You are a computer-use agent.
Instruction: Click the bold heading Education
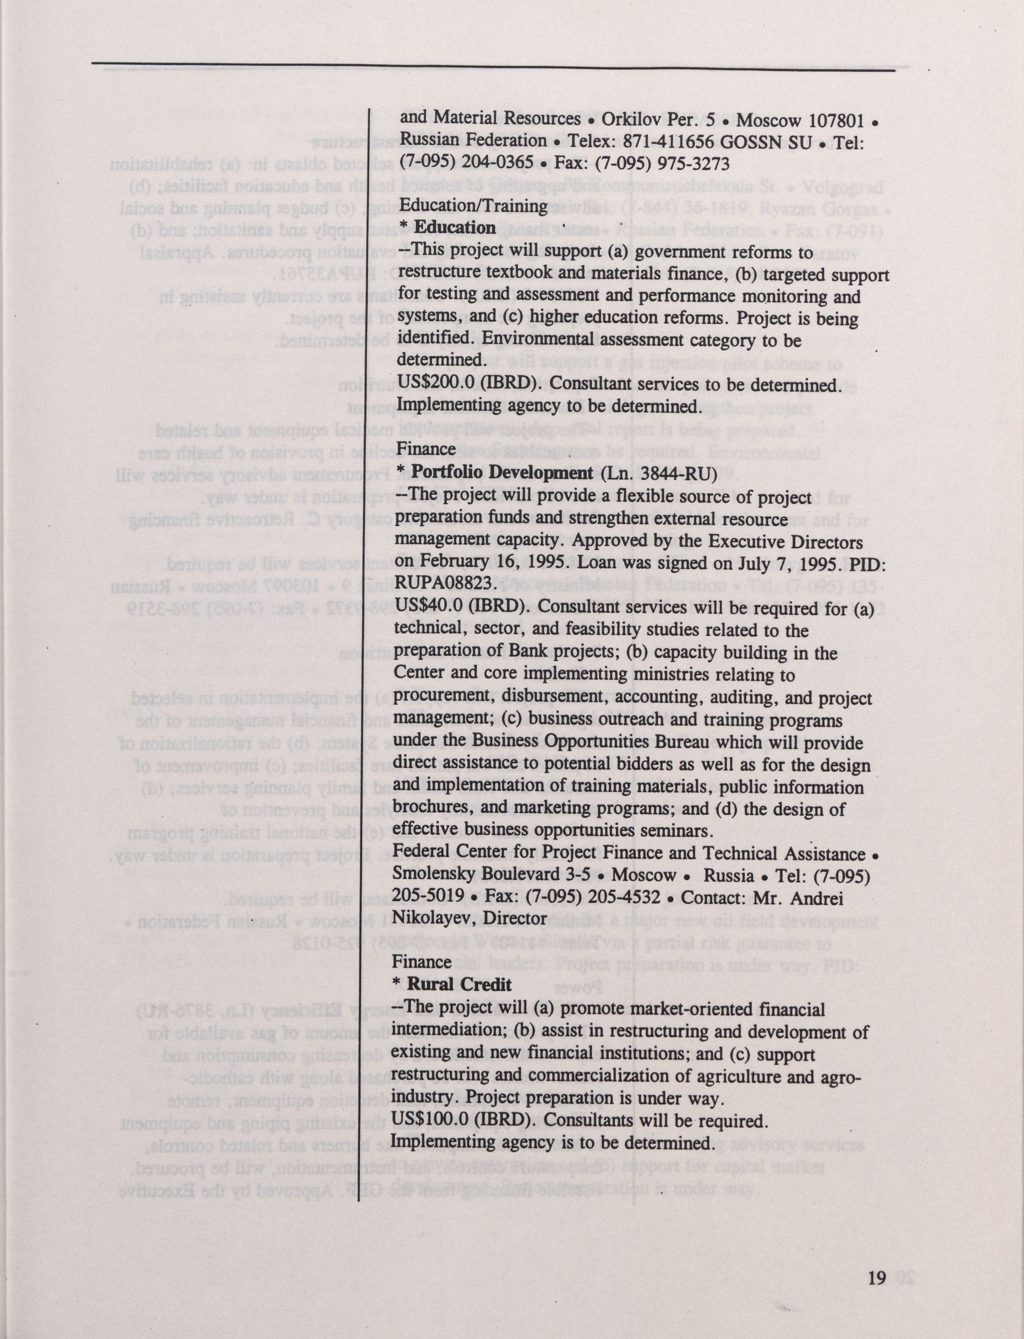454,227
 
